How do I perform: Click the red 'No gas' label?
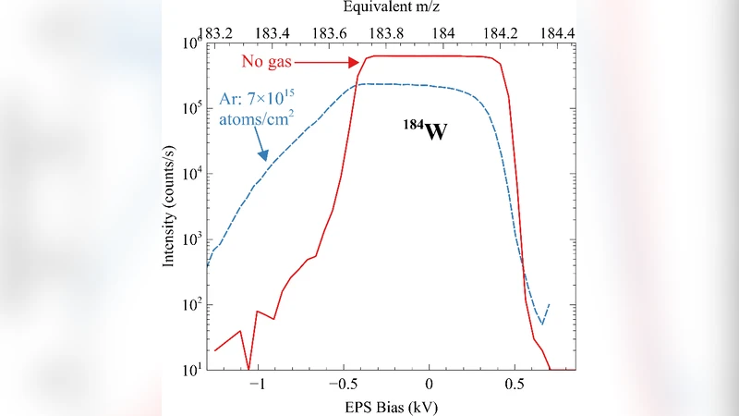(x=269, y=63)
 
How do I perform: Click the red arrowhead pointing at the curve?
(x=355, y=63)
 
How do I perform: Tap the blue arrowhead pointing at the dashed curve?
(x=262, y=157)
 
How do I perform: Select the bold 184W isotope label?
(x=424, y=132)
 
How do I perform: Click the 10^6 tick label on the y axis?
(x=190, y=43)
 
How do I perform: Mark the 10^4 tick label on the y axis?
(x=190, y=174)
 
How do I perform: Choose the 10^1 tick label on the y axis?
(x=190, y=370)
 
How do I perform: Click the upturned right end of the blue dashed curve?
(x=549, y=305)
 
